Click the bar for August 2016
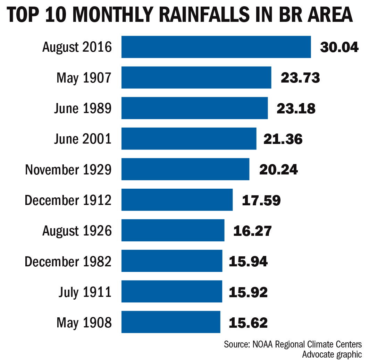(216, 47)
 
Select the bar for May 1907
(196, 77)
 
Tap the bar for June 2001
(189, 139)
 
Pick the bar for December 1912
(177, 200)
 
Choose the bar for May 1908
(171, 322)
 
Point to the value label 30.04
(339, 47)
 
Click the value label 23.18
(296, 108)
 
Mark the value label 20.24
(278, 170)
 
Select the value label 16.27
(252, 231)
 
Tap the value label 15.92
(248, 292)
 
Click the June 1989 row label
(83, 109)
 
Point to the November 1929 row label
(68, 170)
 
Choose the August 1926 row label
(77, 231)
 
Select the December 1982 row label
(68, 261)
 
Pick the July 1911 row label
(85, 292)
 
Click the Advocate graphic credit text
(332, 354)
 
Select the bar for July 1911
(171, 292)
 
